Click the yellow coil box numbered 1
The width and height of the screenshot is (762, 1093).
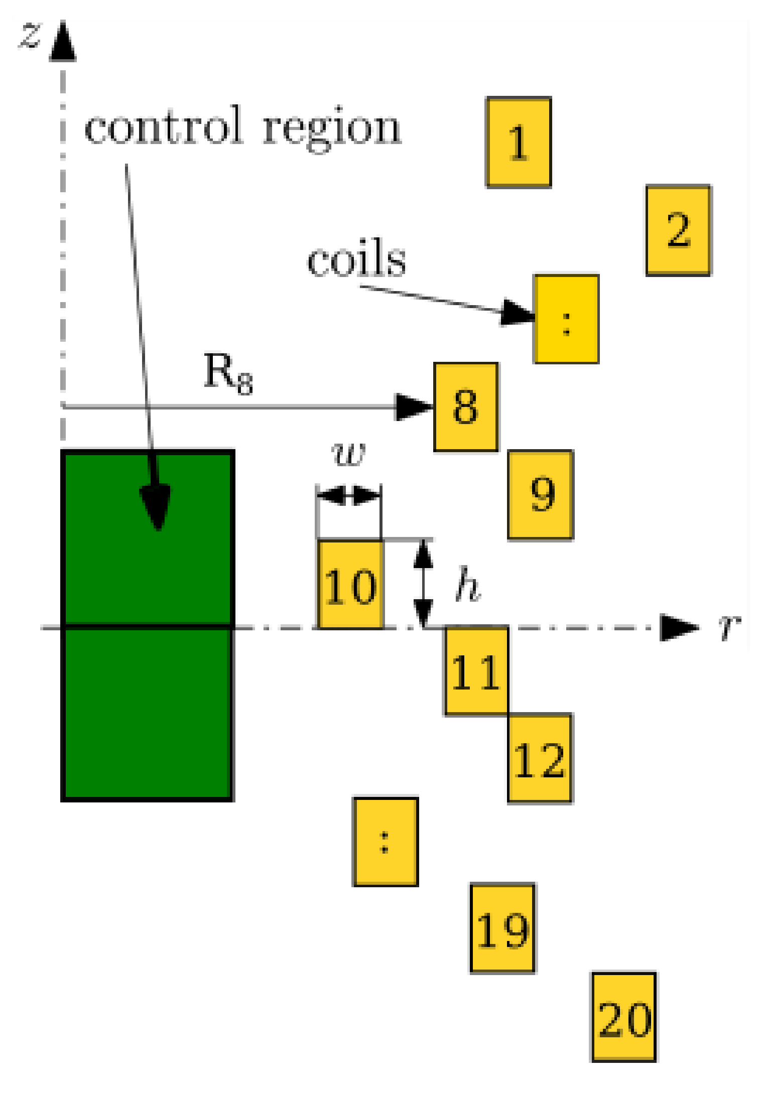[519, 143]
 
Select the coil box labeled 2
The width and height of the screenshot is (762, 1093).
[678, 230]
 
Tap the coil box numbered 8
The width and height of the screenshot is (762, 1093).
[466, 407]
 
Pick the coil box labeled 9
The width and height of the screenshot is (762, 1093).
[540, 495]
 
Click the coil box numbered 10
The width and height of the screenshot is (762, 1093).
[350, 584]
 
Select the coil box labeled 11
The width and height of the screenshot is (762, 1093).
[476, 671]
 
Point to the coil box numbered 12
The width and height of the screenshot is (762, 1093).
[540, 759]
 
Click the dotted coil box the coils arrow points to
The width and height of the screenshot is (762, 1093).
[566, 319]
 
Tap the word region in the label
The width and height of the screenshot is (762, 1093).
[332, 129]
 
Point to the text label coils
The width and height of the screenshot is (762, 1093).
[356, 259]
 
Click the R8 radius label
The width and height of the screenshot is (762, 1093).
[227, 373]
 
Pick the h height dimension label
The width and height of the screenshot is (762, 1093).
[467, 585]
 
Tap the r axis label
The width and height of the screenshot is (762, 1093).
[729, 627]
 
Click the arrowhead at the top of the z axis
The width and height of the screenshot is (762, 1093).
[63, 42]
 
